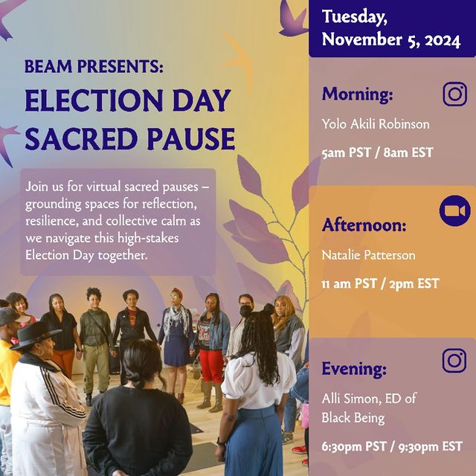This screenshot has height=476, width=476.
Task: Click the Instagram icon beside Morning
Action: pyautogui.click(x=454, y=94)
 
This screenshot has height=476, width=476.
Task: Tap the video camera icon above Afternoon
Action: pyautogui.click(x=454, y=210)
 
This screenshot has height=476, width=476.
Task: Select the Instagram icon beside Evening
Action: pyautogui.click(x=454, y=361)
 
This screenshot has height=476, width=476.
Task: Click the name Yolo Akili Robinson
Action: pyautogui.click(x=376, y=124)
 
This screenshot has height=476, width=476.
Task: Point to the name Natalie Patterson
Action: pyautogui.click(x=368, y=255)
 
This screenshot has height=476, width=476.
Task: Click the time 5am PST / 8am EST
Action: pyautogui.click(x=377, y=152)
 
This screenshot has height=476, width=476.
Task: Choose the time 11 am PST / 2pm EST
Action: pyautogui.click(x=380, y=284)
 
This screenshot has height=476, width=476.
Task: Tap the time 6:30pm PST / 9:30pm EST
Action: pyautogui.click(x=392, y=446)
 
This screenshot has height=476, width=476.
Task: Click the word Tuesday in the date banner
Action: pyautogui.click(x=354, y=17)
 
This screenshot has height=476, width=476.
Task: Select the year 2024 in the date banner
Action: pyautogui.click(x=443, y=40)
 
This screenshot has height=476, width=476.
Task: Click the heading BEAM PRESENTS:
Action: pyautogui.click(x=94, y=66)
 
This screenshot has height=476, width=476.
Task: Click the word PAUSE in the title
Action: pyautogui.click(x=193, y=139)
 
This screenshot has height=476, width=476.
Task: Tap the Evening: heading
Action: pyautogui.click(x=354, y=369)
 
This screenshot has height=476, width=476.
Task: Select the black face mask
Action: pyautogui.click(x=245, y=311)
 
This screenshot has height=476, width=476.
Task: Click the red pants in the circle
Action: pyautogui.click(x=211, y=365)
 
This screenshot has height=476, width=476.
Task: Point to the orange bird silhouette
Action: pyautogui.click(x=239, y=59)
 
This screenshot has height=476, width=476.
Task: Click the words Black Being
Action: pyautogui.click(x=353, y=418)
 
